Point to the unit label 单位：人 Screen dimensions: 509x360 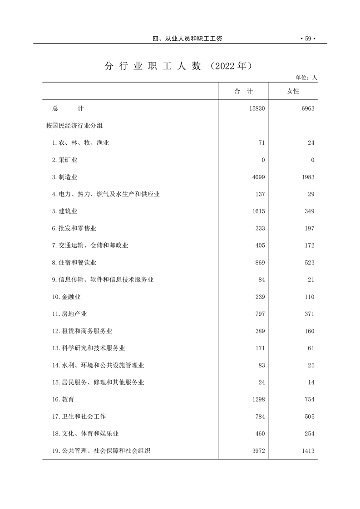[306, 78]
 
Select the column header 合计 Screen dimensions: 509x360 [243, 91]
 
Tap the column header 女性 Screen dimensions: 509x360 [293, 91]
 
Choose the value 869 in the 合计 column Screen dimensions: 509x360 [260, 263]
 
